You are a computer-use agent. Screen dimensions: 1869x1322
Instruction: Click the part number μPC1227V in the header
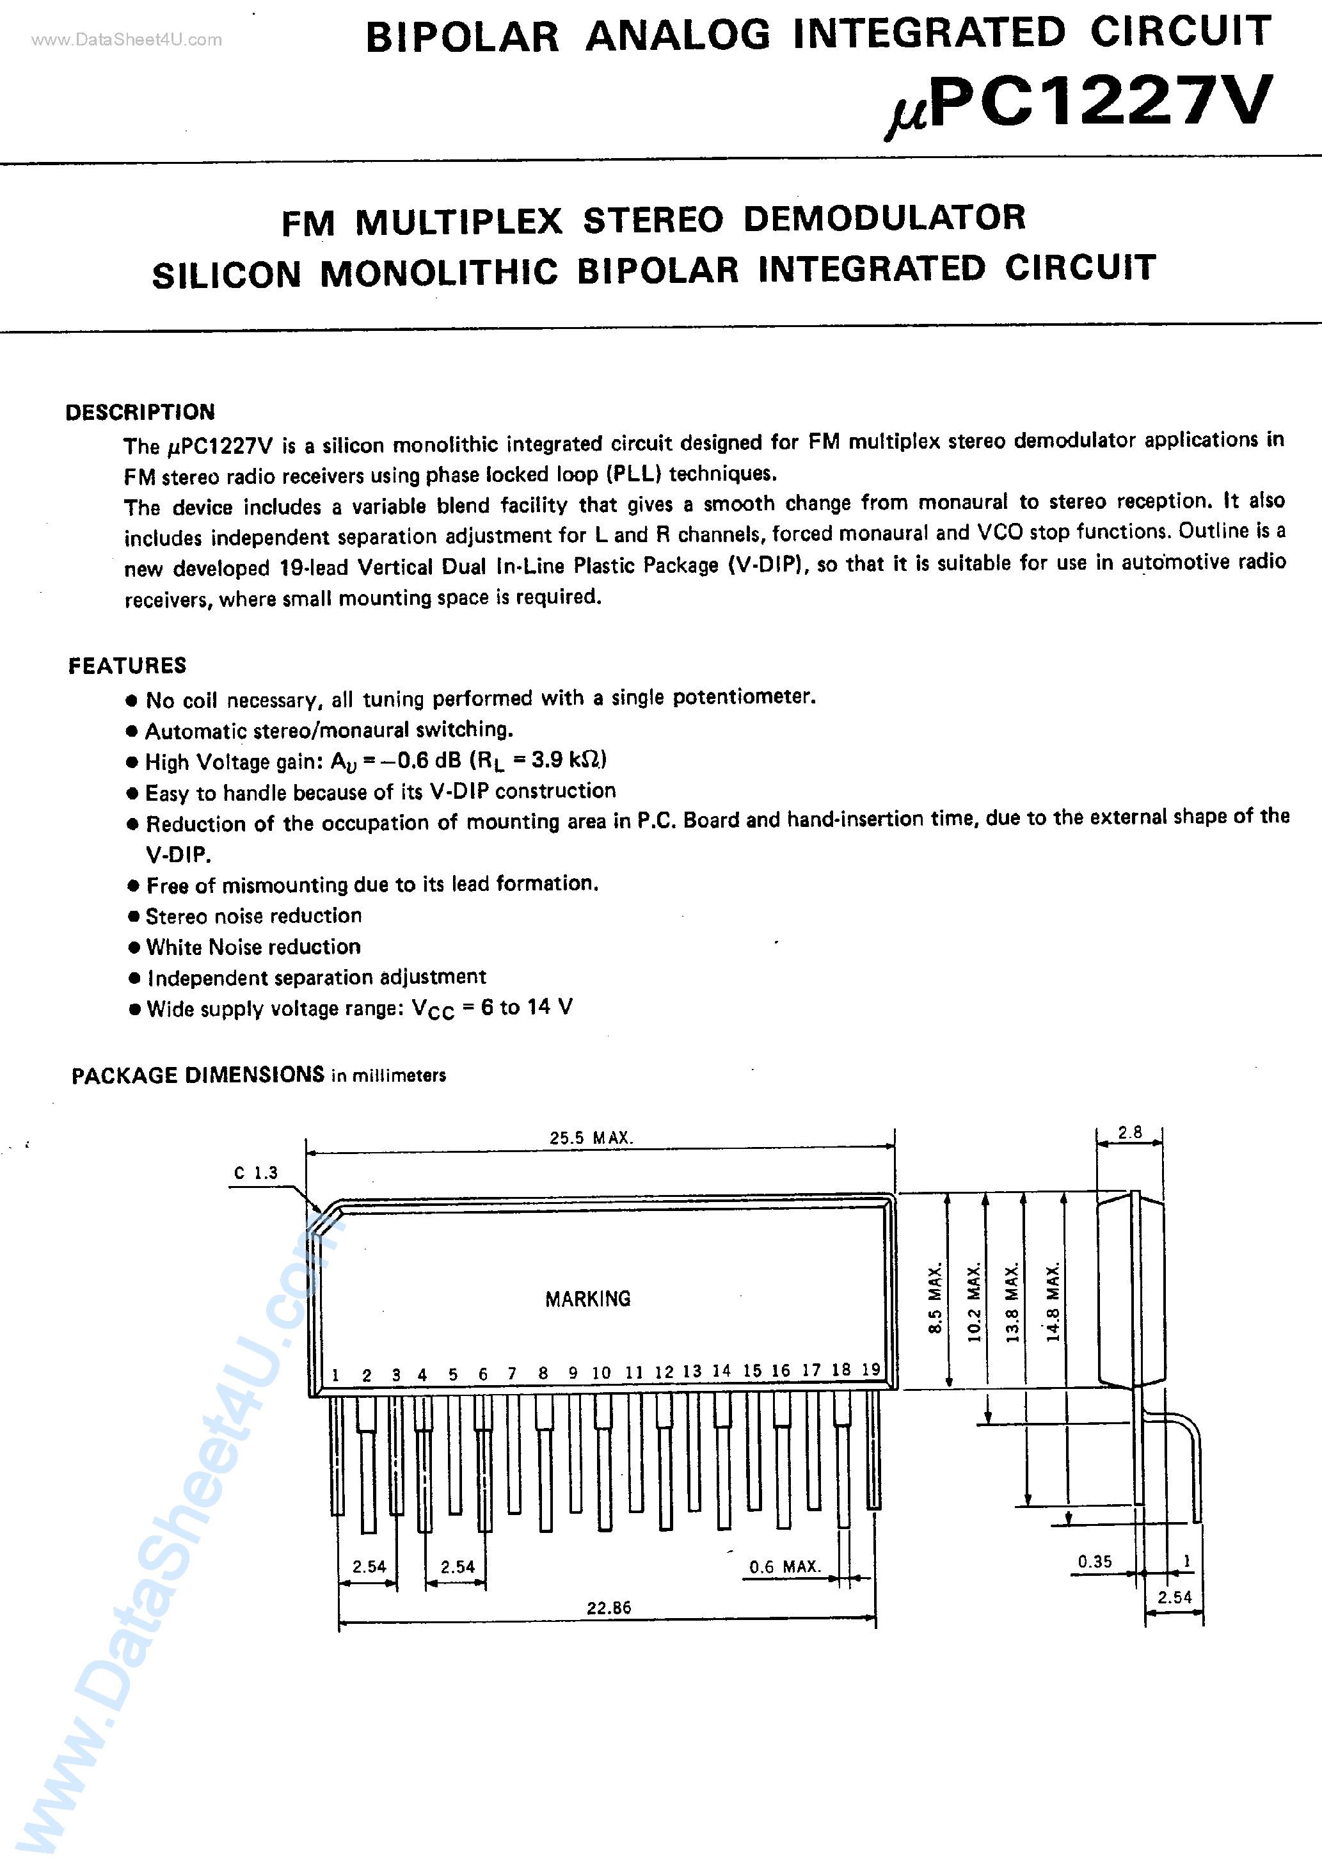pyautogui.click(x=1079, y=104)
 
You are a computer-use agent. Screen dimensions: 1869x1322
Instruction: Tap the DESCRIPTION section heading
pyautogui.click(x=140, y=412)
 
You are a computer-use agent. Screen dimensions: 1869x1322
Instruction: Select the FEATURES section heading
pyautogui.click(x=127, y=666)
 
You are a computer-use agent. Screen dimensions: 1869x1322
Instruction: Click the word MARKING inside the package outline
pyautogui.click(x=588, y=1299)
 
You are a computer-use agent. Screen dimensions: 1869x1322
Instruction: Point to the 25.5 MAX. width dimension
pyautogui.click(x=591, y=1138)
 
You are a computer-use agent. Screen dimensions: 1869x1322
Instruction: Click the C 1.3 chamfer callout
pyautogui.click(x=255, y=1173)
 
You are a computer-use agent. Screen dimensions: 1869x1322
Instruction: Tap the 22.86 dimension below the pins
pyautogui.click(x=609, y=1608)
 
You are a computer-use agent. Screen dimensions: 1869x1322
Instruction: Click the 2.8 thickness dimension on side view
pyautogui.click(x=1130, y=1132)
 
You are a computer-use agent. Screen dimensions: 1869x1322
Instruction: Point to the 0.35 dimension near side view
pyautogui.click(x=1095, y=1561)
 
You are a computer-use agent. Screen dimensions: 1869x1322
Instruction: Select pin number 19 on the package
pyautogui.click(x=871, y=1369)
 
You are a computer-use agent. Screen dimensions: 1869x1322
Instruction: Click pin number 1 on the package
pyautogui.click(x=335, y=1376)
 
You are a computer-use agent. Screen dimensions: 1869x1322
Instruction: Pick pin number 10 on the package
pyautogui.click(x=601, y=1373)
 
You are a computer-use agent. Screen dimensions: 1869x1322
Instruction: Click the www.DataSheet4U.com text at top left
pyautogui.click(x=126, y=40)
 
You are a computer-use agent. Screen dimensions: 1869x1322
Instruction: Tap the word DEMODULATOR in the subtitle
pyautogui.click(x=884, y=218)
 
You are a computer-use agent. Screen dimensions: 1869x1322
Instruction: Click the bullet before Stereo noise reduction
pyautogui.click(x=134, y=917)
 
